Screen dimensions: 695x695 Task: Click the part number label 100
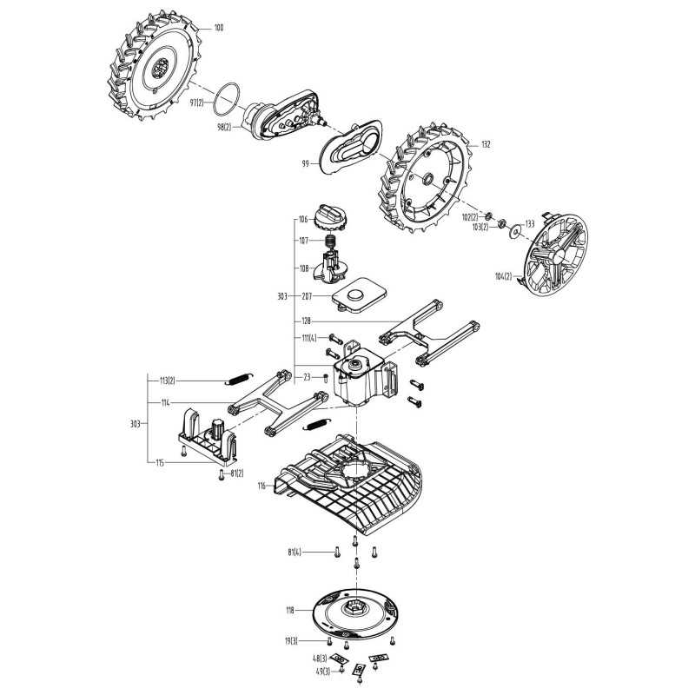[218, 29]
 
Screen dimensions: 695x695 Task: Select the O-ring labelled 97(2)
[228, 97]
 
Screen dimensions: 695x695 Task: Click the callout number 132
[486, 144]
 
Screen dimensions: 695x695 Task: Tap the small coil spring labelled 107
[330, 241]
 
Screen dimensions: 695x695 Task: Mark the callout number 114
[165, 403]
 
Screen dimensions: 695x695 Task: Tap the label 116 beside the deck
[261, 487]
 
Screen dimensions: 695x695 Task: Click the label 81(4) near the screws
[295, 553]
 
